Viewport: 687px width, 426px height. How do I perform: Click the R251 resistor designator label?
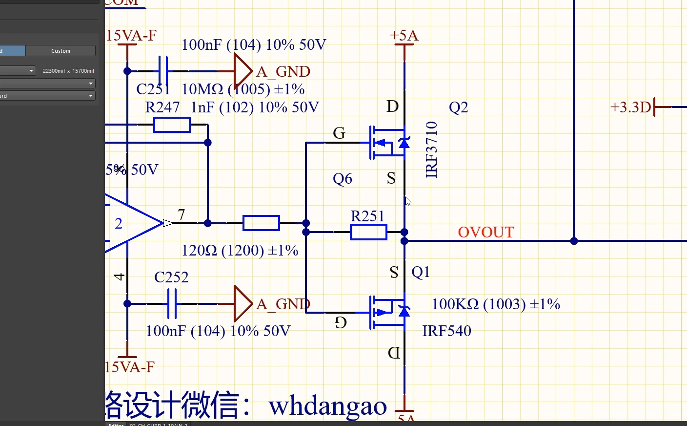(367, 216)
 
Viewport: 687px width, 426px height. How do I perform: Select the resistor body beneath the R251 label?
(368, 232)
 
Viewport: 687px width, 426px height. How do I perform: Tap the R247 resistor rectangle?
(172, 125)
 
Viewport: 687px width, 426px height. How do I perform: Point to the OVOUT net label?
(485, 232)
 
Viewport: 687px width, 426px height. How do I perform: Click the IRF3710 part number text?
(432, 149)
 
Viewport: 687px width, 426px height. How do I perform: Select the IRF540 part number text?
(446, 331)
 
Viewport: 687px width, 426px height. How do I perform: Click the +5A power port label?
(404, 35)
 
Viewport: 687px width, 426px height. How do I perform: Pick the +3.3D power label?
(631, 107)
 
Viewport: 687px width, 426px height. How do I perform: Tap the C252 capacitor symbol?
(172, 303)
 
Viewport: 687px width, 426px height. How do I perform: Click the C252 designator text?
(171, 277)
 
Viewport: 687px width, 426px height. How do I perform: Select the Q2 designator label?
(458, 107)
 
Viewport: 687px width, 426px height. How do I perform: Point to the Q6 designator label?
(343, 178)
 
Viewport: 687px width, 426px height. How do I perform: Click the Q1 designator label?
(421, 272)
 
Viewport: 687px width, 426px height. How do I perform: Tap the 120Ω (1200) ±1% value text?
(240, 250)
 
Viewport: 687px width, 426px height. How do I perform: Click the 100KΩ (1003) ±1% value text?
(496, 304)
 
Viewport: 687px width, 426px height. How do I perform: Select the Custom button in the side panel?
(61, 51)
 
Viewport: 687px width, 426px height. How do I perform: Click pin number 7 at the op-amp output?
(182, 214)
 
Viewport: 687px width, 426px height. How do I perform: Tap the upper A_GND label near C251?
(283, 71)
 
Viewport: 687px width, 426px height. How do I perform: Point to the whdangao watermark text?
(327, 405)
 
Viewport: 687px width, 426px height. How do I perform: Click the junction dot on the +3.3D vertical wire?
(574, 241)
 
